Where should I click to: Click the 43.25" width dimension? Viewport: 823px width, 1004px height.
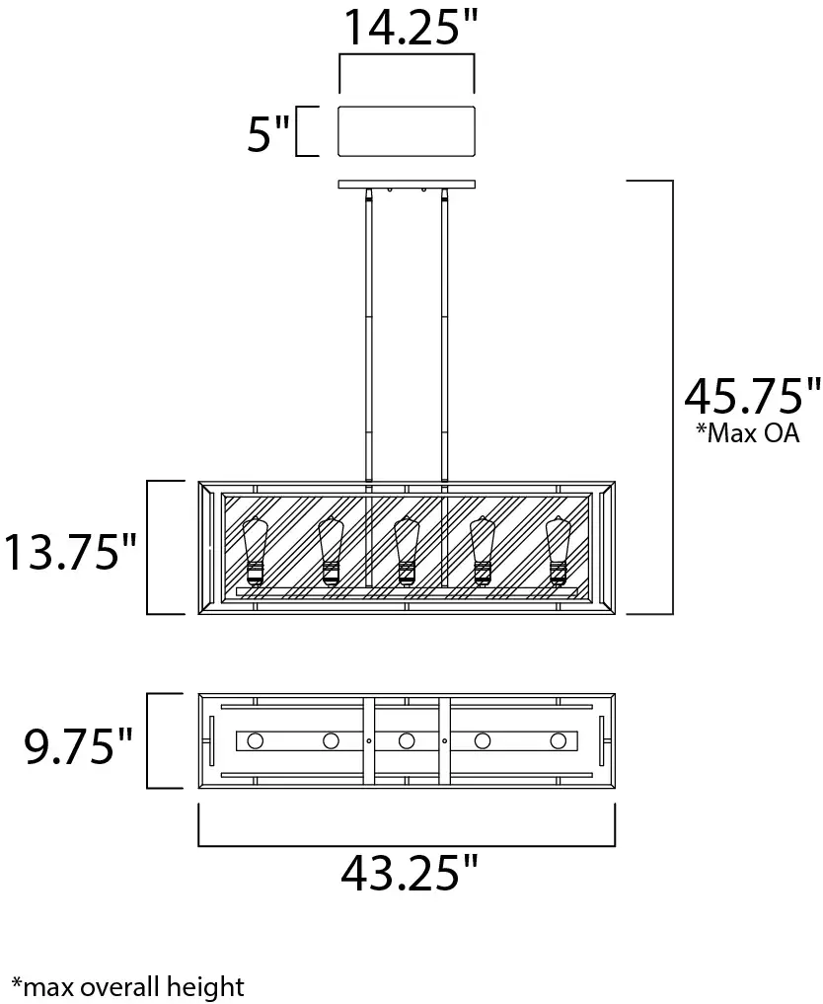click(409, 873)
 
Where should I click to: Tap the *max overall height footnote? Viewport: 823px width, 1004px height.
click(127, 984)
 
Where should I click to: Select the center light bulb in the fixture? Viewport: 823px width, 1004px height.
click(406, 550)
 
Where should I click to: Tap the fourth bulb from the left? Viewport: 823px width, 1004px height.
click(483, 550)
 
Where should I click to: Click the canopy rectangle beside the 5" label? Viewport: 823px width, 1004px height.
click(407, 131)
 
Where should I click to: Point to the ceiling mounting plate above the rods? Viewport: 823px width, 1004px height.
click(407, 184)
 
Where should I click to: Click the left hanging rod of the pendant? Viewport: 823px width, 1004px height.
click(368, 336)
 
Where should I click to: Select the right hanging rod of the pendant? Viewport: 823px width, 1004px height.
click(445, 336)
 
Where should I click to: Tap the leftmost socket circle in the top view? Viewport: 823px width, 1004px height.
click(256, 740)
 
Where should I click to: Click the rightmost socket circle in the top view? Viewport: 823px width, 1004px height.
click(559, 740)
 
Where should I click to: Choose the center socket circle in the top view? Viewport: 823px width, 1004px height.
click(406, 740)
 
